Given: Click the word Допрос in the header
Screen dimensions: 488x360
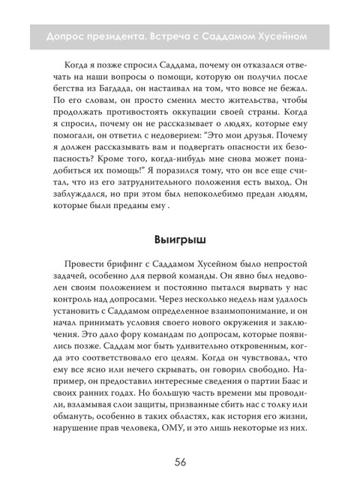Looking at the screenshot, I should click(67, 36).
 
